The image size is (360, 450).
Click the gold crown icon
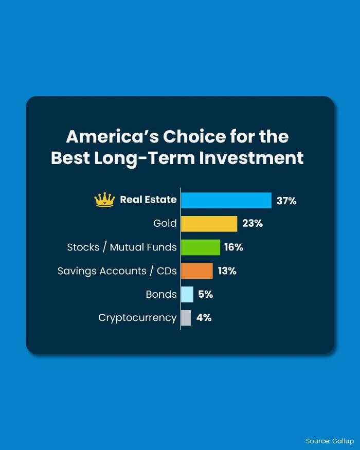point(104,200)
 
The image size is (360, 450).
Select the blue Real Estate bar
point(226,201)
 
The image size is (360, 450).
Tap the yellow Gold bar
point(209,224)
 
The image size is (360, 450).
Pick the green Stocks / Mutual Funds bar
point(201,247)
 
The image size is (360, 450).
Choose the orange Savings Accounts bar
point(197,271)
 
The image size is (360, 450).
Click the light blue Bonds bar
point(187,295)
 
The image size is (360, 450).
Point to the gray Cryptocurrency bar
point(186,318)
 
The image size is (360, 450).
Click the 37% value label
point(286,201)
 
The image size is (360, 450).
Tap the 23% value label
point(253,224)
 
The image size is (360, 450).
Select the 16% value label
point(233,247)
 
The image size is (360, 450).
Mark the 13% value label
point(227,271)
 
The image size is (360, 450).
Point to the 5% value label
point(206,294)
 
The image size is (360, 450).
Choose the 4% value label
point(204,318)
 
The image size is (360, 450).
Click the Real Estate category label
point(148,200)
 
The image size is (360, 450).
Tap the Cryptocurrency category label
point(137,318)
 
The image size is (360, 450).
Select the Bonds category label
point(161,294)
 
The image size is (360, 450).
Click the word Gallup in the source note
point(343,441)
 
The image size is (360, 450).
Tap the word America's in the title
point(112,136)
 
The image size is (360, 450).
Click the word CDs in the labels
point(167,271)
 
